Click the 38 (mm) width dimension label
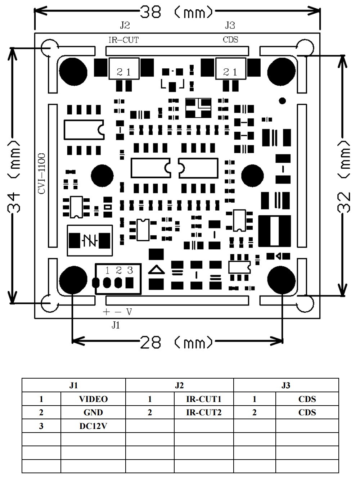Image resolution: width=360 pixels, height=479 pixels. click(x=176, y=13)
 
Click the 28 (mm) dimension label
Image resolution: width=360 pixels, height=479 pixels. click(x=176, y=342)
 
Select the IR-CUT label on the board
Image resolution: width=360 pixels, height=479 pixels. click(x=123, y=40)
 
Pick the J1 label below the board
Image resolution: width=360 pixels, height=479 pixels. click(x=115, y=325)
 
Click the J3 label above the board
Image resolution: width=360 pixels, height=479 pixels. click(x=230, y=25)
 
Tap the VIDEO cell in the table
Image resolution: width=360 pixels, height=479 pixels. click(x=93, y=399)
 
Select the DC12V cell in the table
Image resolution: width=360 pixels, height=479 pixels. click(x=93, y=426)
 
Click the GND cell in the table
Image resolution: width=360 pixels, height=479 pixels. click(x=93, y=412)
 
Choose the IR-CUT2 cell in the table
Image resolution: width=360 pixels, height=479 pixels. click(x=203, y=412)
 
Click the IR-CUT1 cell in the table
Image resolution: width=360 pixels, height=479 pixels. click(x=203, y=399)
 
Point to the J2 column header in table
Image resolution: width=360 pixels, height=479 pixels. click(x=179, y=385)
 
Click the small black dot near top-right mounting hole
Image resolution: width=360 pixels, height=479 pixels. click(x=283, y=100)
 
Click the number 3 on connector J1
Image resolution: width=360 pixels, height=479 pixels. click(x=130, y=270)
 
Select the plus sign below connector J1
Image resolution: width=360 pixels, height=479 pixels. click(x=106, y=312)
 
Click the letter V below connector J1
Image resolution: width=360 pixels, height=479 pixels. click(x=129, y=312)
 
